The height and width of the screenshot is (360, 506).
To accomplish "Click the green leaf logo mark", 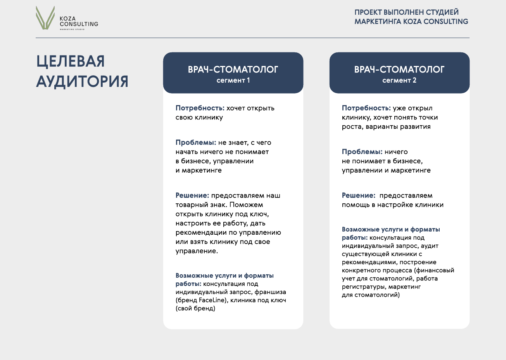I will click(45, 18).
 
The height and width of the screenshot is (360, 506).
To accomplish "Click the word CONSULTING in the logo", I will click(79, 24).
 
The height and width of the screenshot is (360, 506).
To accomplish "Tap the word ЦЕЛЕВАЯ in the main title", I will click(71, 62).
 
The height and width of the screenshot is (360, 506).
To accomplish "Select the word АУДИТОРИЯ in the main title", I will click(82, 82).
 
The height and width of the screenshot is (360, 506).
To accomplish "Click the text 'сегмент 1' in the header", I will click(233, 81).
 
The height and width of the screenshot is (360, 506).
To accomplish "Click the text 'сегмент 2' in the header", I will click(399, 81).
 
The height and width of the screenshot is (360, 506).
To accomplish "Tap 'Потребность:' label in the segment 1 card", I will click(200, 108).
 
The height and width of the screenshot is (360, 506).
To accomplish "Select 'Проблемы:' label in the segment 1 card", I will click(196, 143).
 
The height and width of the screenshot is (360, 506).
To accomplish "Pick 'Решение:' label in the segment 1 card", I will click(192, 196).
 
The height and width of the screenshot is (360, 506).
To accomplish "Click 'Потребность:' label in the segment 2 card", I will click(366, 108).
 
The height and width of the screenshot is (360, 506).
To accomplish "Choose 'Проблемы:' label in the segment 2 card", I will click(362, 152).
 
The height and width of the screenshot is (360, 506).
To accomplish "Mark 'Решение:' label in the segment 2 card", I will click(358, 196).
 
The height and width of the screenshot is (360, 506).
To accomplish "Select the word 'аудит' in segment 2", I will click(430, 246).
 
